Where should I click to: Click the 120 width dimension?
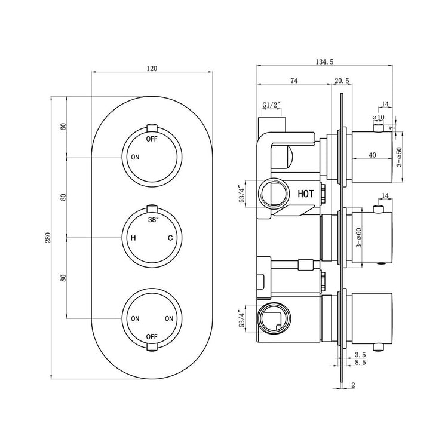click(152, 69)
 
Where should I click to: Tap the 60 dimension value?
click(63, 126)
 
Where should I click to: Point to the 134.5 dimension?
click(324, 62)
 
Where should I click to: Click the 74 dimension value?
click(294, 81)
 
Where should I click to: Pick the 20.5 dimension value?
click(342, 81)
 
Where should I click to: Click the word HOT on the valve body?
click(305, 194)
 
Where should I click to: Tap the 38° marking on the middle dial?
click(153, 220)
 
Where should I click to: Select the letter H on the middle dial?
click(133, 238)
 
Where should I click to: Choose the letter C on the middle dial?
click(170, 238)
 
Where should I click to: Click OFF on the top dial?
click(152, 139)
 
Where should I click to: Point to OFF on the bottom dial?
click(152, 336)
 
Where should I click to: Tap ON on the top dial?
click(135, 157)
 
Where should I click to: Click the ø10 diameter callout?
click(379, 117)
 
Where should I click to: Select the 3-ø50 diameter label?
click(399, 157)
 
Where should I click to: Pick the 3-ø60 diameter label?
click(359, 238)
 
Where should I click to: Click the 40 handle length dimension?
click(372, 155)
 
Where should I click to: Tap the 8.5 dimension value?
click(360, 363)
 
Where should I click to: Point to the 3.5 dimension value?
click(360, 355)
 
